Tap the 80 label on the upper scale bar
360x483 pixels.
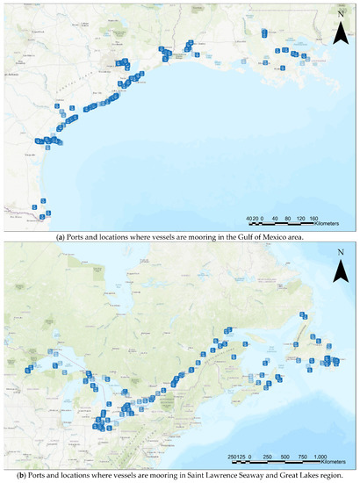tap(288, 217)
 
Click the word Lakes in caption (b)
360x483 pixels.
tap(306, 475)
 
